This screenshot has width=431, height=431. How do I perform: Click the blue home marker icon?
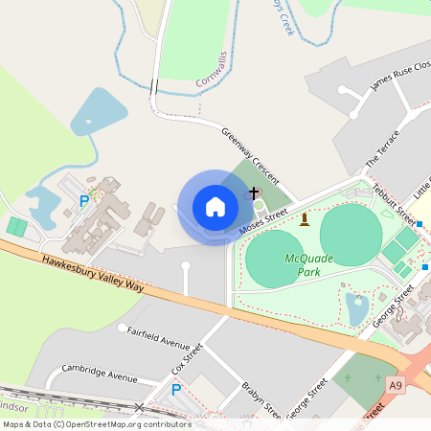215,207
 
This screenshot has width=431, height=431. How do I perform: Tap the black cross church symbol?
255,193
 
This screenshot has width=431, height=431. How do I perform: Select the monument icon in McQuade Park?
305,220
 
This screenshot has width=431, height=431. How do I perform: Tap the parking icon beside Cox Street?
175,390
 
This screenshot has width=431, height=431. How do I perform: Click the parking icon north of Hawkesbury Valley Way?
83,202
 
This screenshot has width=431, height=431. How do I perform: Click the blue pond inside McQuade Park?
356,308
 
